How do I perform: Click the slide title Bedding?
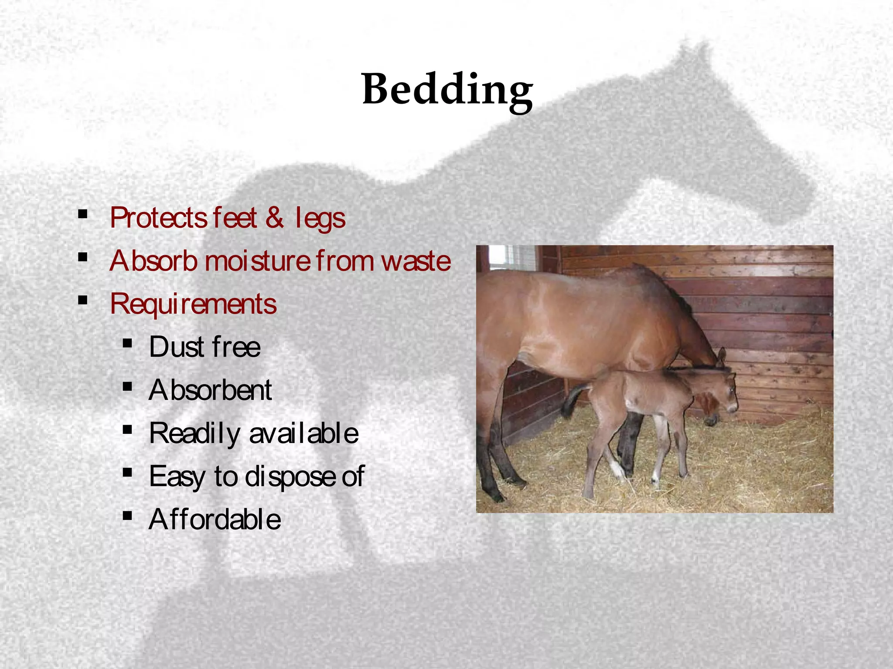click(447, 89)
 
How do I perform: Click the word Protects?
click(158, 218)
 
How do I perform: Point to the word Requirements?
click(193, 304)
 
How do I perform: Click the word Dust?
click(177, 347)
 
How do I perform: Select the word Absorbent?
click(210, 390)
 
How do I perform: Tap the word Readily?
click(194, 433)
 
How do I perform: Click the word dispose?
click(290, 476)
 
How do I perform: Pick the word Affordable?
click(215, 519)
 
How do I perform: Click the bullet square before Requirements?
click(82, 300)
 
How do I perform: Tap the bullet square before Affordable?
click(127, 516)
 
